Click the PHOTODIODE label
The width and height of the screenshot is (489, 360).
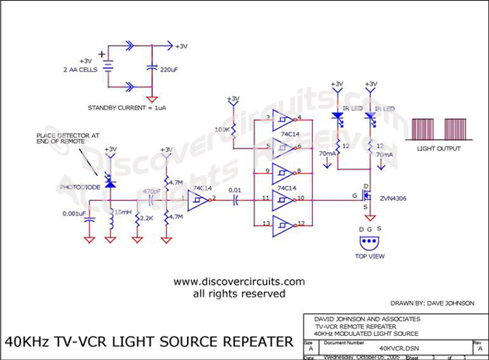pos(81,187)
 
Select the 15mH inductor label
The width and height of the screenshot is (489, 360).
pos(122,212)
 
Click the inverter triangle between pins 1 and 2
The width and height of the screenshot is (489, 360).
pos(198,200)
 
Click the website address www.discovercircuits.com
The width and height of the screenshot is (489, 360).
pos(240,282)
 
